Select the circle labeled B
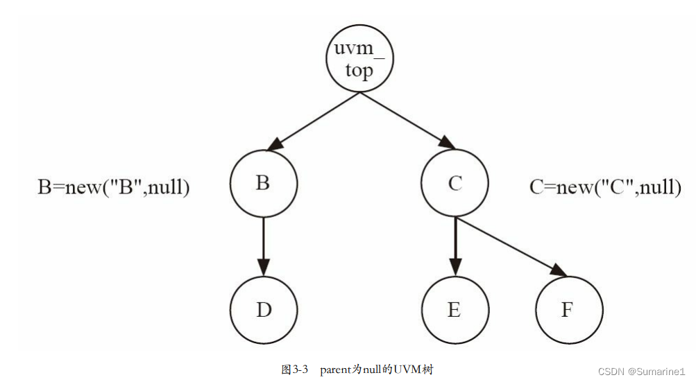(x=263, y=184)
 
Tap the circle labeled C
(x=455, y=184)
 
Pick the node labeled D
(x=263, y=309)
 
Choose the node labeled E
(x=455, y=309)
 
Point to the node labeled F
(x=568, y=309)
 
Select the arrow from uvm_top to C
(x=407, y=122)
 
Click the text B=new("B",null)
(x=113, y=187)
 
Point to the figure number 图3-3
(x=295, y=370)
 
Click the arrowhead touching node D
(x=263, y=267)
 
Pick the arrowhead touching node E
(x=455, y=267)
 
